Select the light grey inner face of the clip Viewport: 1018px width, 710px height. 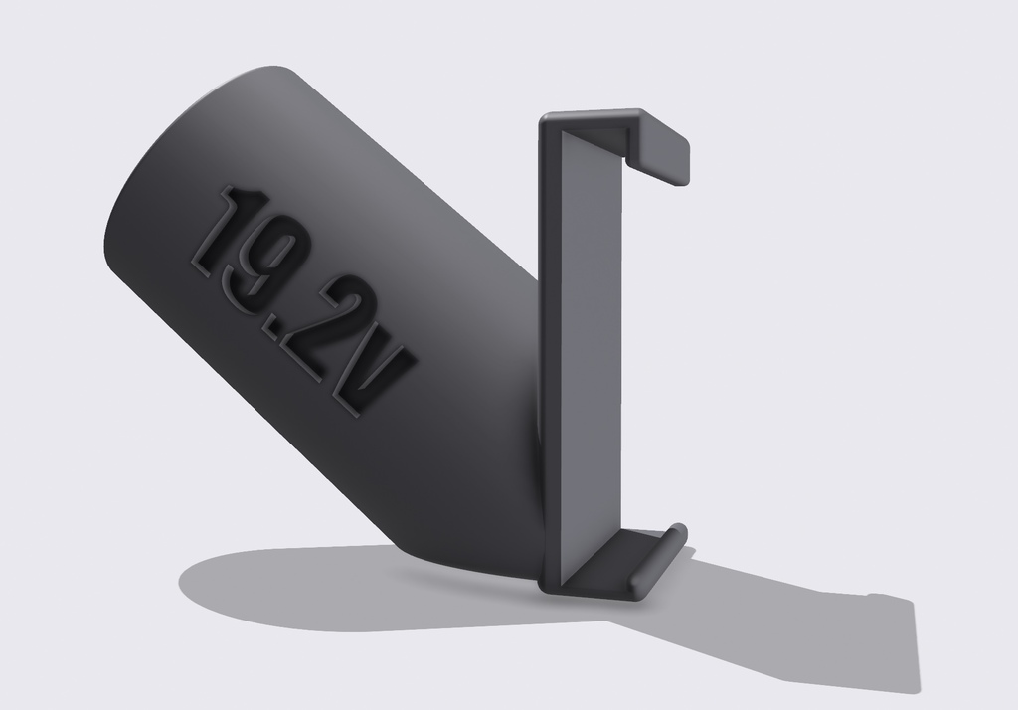(591, 351)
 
